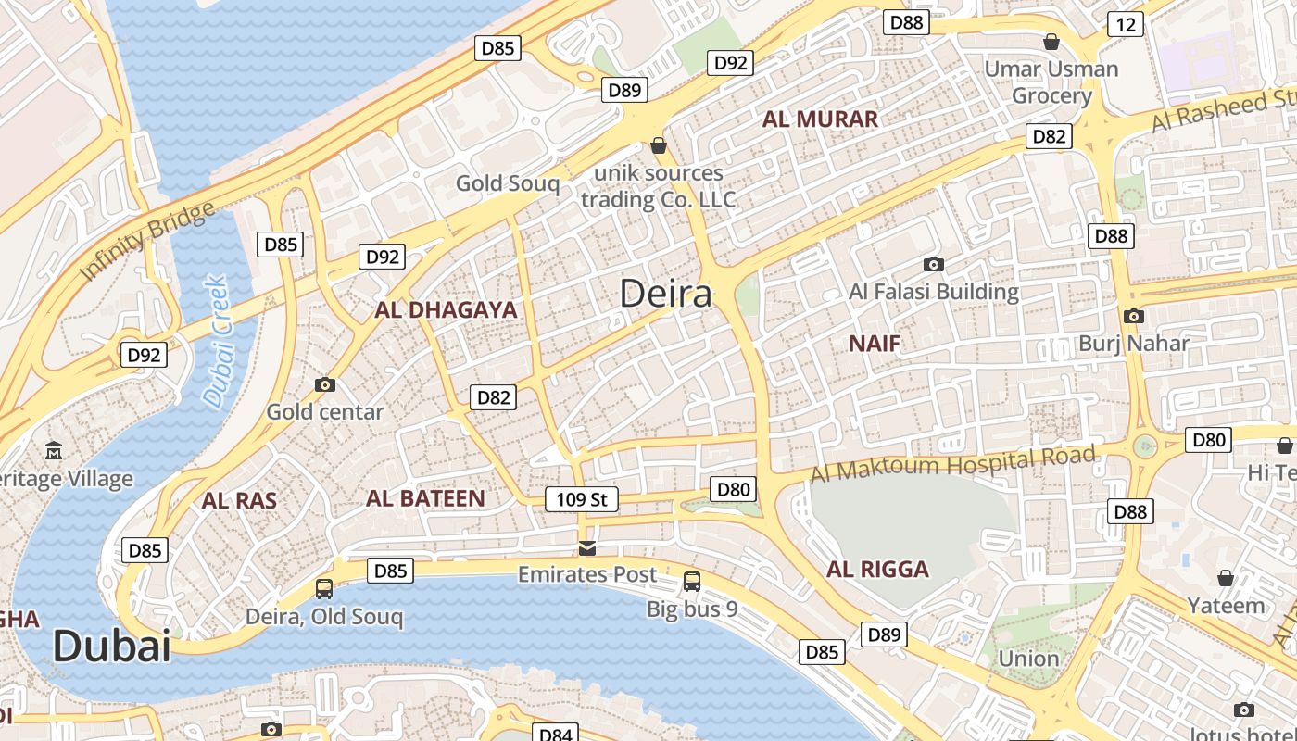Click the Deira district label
click(x=665, y=294)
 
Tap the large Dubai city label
click(x=111, y=646)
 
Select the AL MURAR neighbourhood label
click(x=820, y=119)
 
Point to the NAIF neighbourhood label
click(x=875, y=344)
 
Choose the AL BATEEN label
click(x=425, y=498)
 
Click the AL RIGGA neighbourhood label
click(x=877, y=569)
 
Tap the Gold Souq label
click(x=508, y=183)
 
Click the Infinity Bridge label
click(x=147, y=241)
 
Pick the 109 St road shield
click(x=581, y=499)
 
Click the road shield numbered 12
click(x=1125, y=24)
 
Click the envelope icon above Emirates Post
click(x=586, y=548)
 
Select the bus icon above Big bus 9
click(x=692, y=582)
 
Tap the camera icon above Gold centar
click(x=325, y=384)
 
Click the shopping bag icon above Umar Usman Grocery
click(x=1051, y=42)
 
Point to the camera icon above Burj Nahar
click(x=1133, y=316)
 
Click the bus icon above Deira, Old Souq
click(x=324, y=588)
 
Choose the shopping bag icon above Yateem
click(x=1226, y=578)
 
